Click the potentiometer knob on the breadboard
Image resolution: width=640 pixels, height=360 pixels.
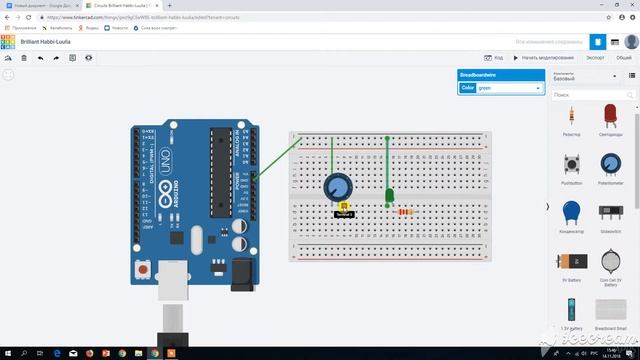340,187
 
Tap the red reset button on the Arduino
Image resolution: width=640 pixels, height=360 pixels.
146,269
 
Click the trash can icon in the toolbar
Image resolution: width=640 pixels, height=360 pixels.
24,58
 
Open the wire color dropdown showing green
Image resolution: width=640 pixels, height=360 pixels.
509,88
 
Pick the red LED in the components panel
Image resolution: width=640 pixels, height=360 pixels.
610,115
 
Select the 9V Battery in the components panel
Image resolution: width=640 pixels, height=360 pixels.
572,262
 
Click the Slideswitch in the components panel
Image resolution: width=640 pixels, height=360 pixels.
610,211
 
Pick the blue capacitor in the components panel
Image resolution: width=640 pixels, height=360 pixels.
572,211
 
